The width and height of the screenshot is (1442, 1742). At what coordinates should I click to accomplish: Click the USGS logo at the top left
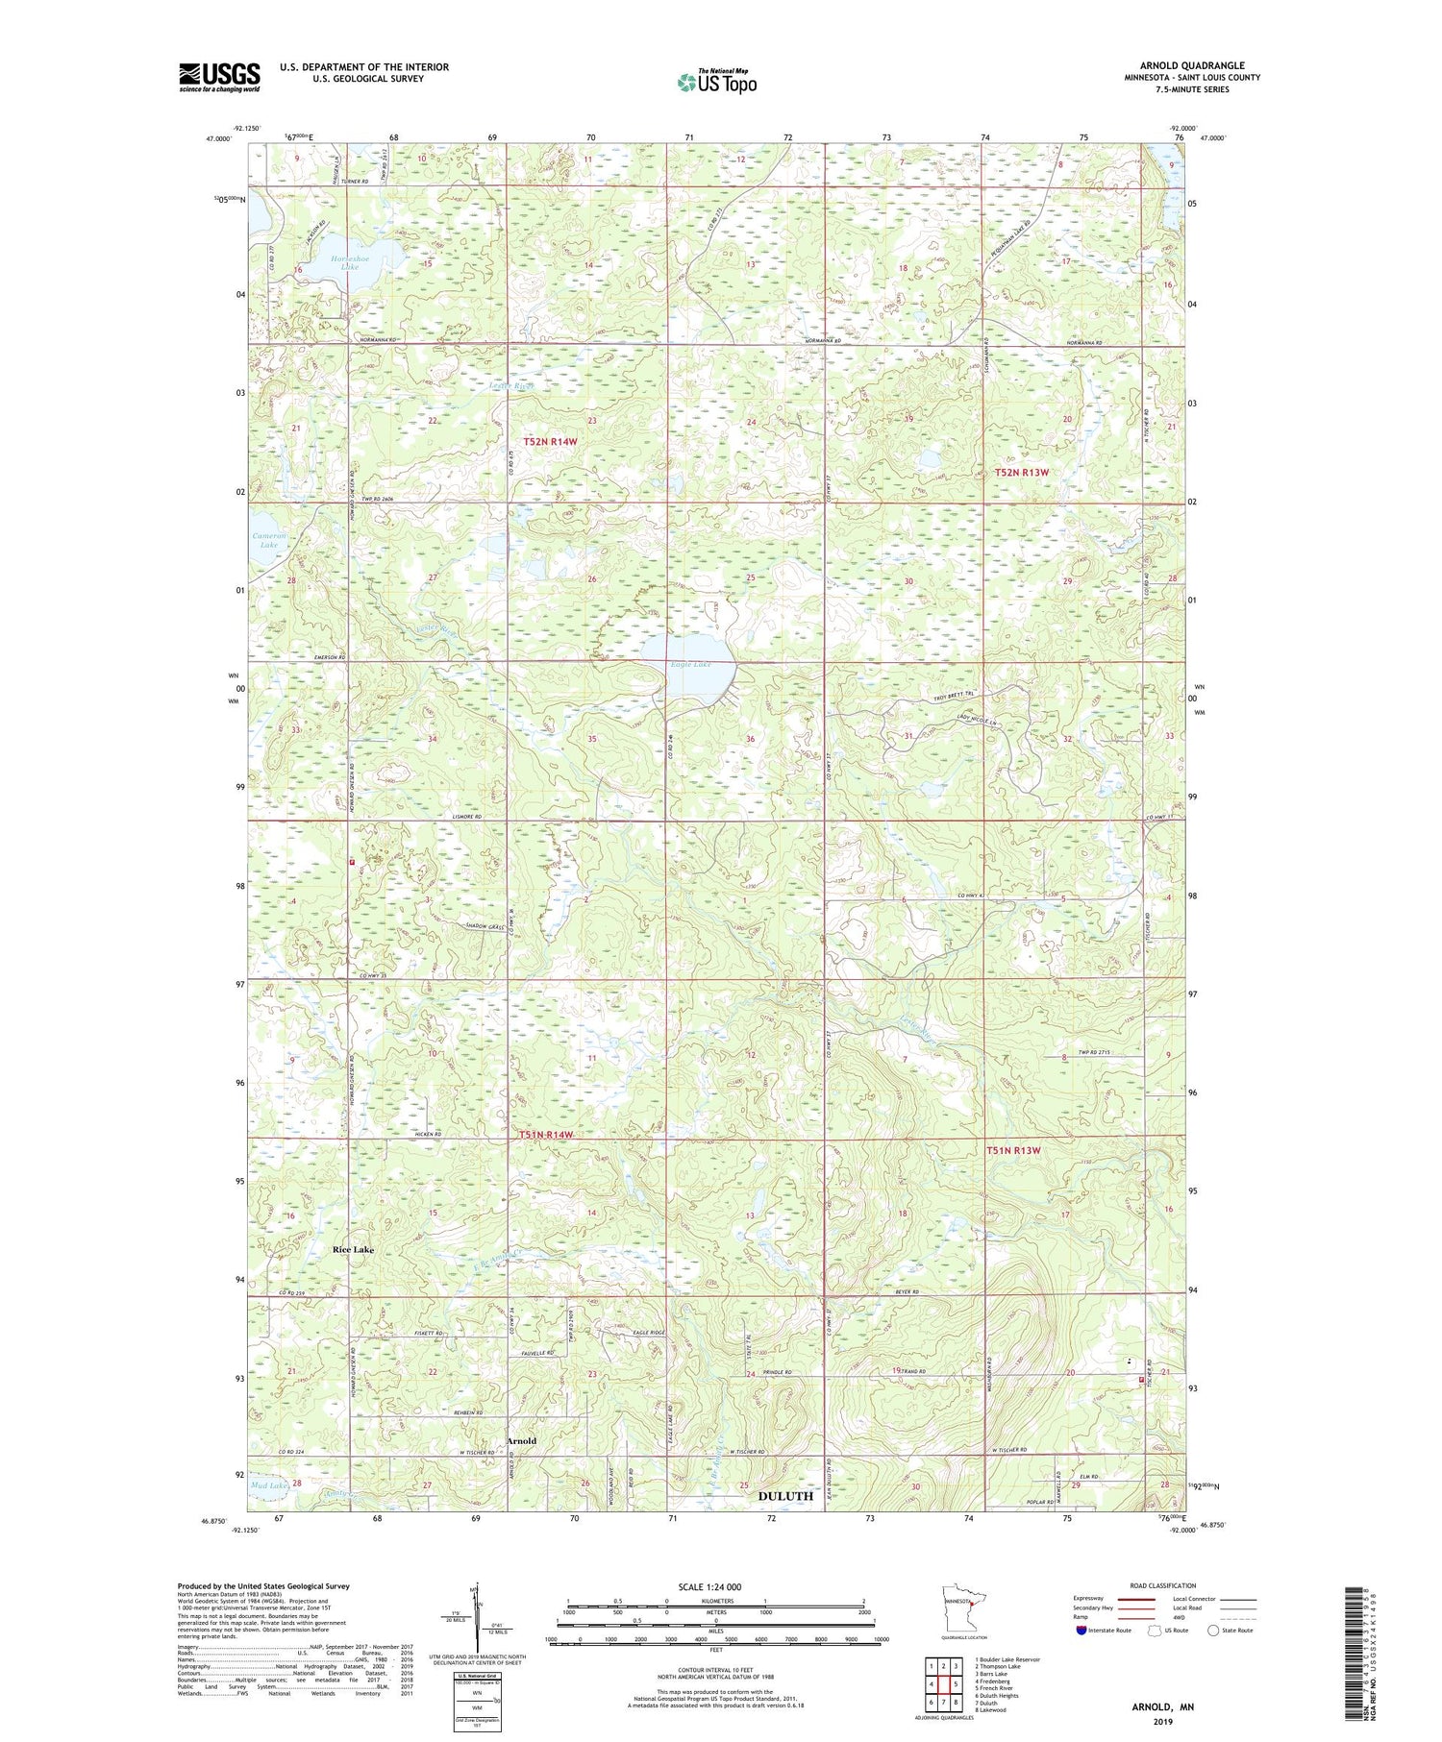point(219,77)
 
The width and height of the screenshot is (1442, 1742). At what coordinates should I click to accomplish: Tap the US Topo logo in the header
point(716,83)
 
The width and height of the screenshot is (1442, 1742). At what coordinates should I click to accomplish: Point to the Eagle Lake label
point(690,664)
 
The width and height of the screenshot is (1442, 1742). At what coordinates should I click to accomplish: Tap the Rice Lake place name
point(353,1249)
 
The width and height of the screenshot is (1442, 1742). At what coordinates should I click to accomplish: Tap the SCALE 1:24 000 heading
point(715,1586)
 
